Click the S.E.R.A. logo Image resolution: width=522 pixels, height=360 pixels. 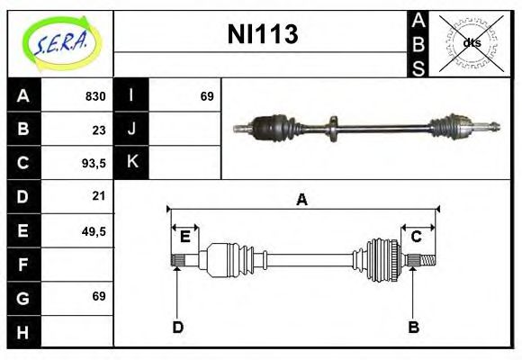click(61, 44)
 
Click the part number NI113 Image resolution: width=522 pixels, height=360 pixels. click(263, 34)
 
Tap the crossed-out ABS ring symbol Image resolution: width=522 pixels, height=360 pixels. click(471, 43)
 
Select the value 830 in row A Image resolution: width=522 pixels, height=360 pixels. click(95, 96)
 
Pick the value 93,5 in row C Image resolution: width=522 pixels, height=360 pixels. click(94, 163)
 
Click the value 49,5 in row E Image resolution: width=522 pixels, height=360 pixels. click(94, 230)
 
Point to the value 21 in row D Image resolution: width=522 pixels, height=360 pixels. click(99, 196)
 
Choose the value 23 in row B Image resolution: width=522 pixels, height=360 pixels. click(99, 130)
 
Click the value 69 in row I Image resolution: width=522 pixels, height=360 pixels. click(207, 96)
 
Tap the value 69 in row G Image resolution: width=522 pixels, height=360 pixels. click(99, 296)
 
